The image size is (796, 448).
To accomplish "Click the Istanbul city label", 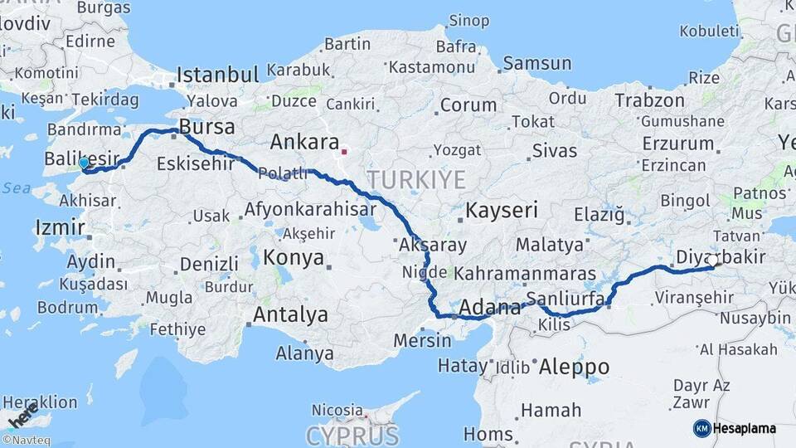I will coord(217,75).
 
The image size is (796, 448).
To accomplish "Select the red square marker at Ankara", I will coord(344,152).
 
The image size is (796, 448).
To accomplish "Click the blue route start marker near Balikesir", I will coord(84,163).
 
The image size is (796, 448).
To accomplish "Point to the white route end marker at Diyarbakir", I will coord(711,261).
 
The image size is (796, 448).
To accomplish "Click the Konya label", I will coord(293,258).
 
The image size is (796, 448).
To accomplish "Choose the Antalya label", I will coord(290,315).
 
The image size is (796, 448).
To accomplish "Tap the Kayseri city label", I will coord(502,210).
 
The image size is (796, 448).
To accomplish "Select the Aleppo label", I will coord(574,367).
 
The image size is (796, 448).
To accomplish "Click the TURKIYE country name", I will coord(416,179).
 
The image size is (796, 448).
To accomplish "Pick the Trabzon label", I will coord(649,100).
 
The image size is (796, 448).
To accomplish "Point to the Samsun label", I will coord(537,63).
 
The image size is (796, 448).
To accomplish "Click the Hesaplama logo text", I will coord(745,429).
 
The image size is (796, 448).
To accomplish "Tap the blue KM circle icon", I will coord(701,429).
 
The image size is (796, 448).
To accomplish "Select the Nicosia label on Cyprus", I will coord(337,410).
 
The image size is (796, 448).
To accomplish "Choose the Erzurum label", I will coord(677,144).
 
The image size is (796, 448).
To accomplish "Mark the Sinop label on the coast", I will coord(468,21).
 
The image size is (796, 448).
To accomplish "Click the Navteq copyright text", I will coord(26,441).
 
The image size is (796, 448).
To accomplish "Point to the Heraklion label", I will coord(39,402).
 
